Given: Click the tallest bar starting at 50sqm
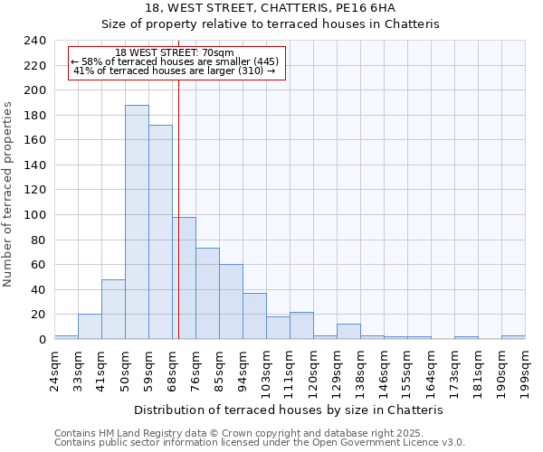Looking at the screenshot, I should coord(137,222).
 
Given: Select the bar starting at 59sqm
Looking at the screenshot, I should coord(160,232).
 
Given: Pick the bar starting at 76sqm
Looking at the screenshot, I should coord(207,294).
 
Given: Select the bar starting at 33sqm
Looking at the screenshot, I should coord(90,326).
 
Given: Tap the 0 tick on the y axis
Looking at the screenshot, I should coord(42,340).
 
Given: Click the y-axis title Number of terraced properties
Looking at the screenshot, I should coord(10,193).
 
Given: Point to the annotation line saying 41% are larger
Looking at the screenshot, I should coord(175,71).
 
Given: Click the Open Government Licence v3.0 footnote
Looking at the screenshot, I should coord(260,443).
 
